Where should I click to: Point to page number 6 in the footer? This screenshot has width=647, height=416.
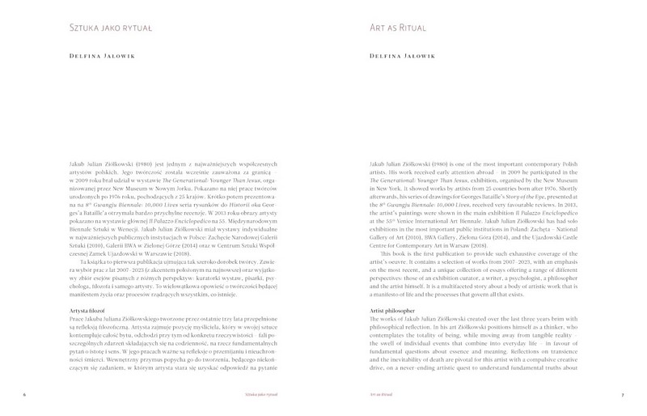click(x=25, y=395)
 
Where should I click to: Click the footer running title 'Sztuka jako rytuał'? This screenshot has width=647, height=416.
click(x=247, y=395)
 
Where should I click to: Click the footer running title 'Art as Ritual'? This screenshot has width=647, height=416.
click(x=380, y=395)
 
